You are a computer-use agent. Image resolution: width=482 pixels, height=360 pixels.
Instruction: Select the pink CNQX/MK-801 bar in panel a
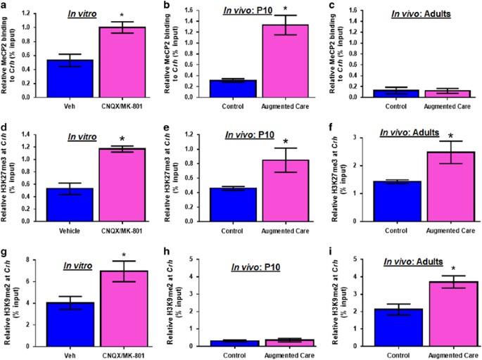113,63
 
